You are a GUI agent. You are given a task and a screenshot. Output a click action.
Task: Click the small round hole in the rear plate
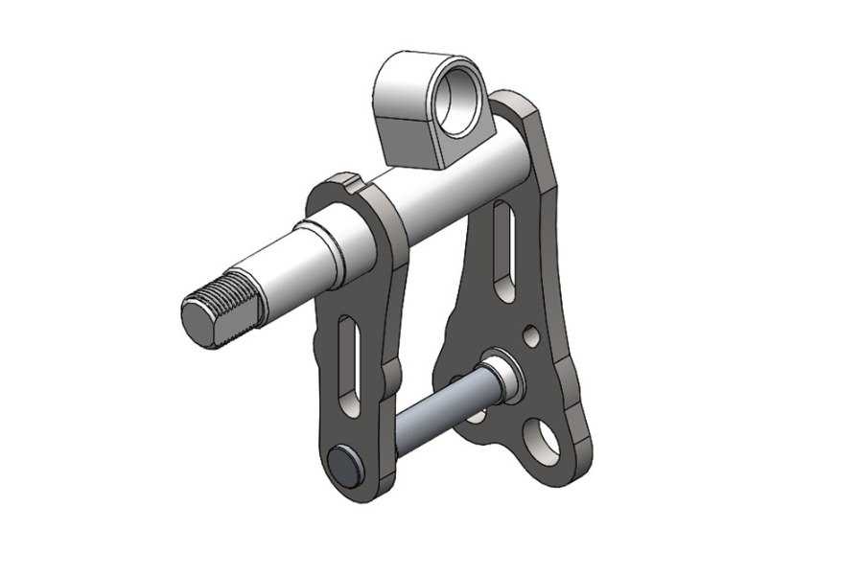(529, 336)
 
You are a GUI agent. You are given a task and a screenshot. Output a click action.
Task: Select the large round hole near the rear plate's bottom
(543, 439)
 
